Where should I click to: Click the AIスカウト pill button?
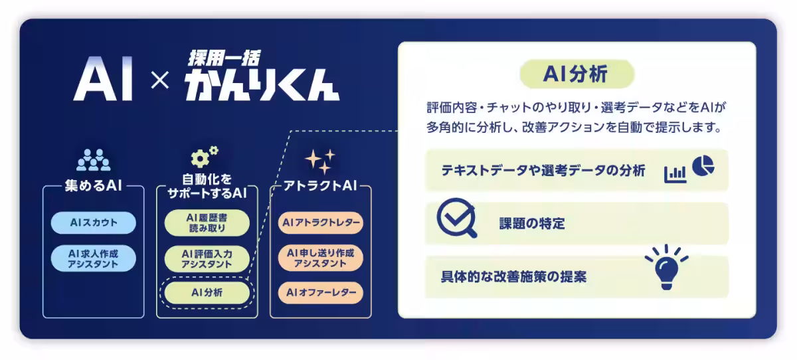pos(93,223)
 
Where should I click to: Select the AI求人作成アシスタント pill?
pos(93,258)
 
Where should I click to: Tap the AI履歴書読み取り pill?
pos(207,223)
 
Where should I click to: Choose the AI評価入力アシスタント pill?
pos(207,258)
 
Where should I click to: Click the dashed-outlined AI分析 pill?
pos(207,292)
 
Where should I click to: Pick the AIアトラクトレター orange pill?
pos(321,223)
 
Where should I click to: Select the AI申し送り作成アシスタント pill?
pos(321,258)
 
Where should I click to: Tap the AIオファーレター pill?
pos(321,292)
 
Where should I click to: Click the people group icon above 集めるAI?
pos(93,160)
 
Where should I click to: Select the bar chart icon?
pos(675,174)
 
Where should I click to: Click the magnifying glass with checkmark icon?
pos(456,219)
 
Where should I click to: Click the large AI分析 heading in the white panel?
pos(575,74)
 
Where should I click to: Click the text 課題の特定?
pos(531,224)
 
